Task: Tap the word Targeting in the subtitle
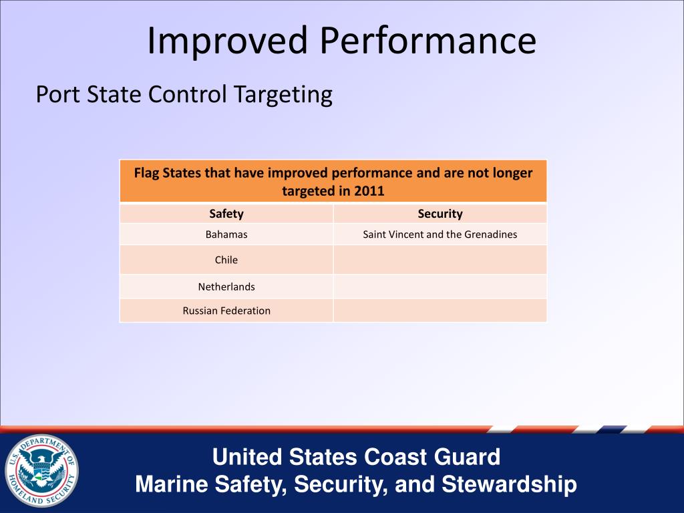[x=283, y=94]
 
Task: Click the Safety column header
[x=226, y=214]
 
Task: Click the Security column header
[x=440, y=214]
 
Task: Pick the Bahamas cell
[x=226, y=234]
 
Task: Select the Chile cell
[x=226, y=260]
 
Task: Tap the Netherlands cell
[x=226, y=287]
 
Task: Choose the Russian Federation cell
[x=226, y=311]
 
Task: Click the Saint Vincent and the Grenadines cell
[x=440, y=234]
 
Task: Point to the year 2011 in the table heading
[x=369, y=191]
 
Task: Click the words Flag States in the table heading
[x=167, y=173]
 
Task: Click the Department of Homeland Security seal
[x=41, y=471]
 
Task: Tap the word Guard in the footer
[x=467, y=457]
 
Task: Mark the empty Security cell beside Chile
[x=440, y=260]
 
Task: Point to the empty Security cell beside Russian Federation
[x=440, y=311]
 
